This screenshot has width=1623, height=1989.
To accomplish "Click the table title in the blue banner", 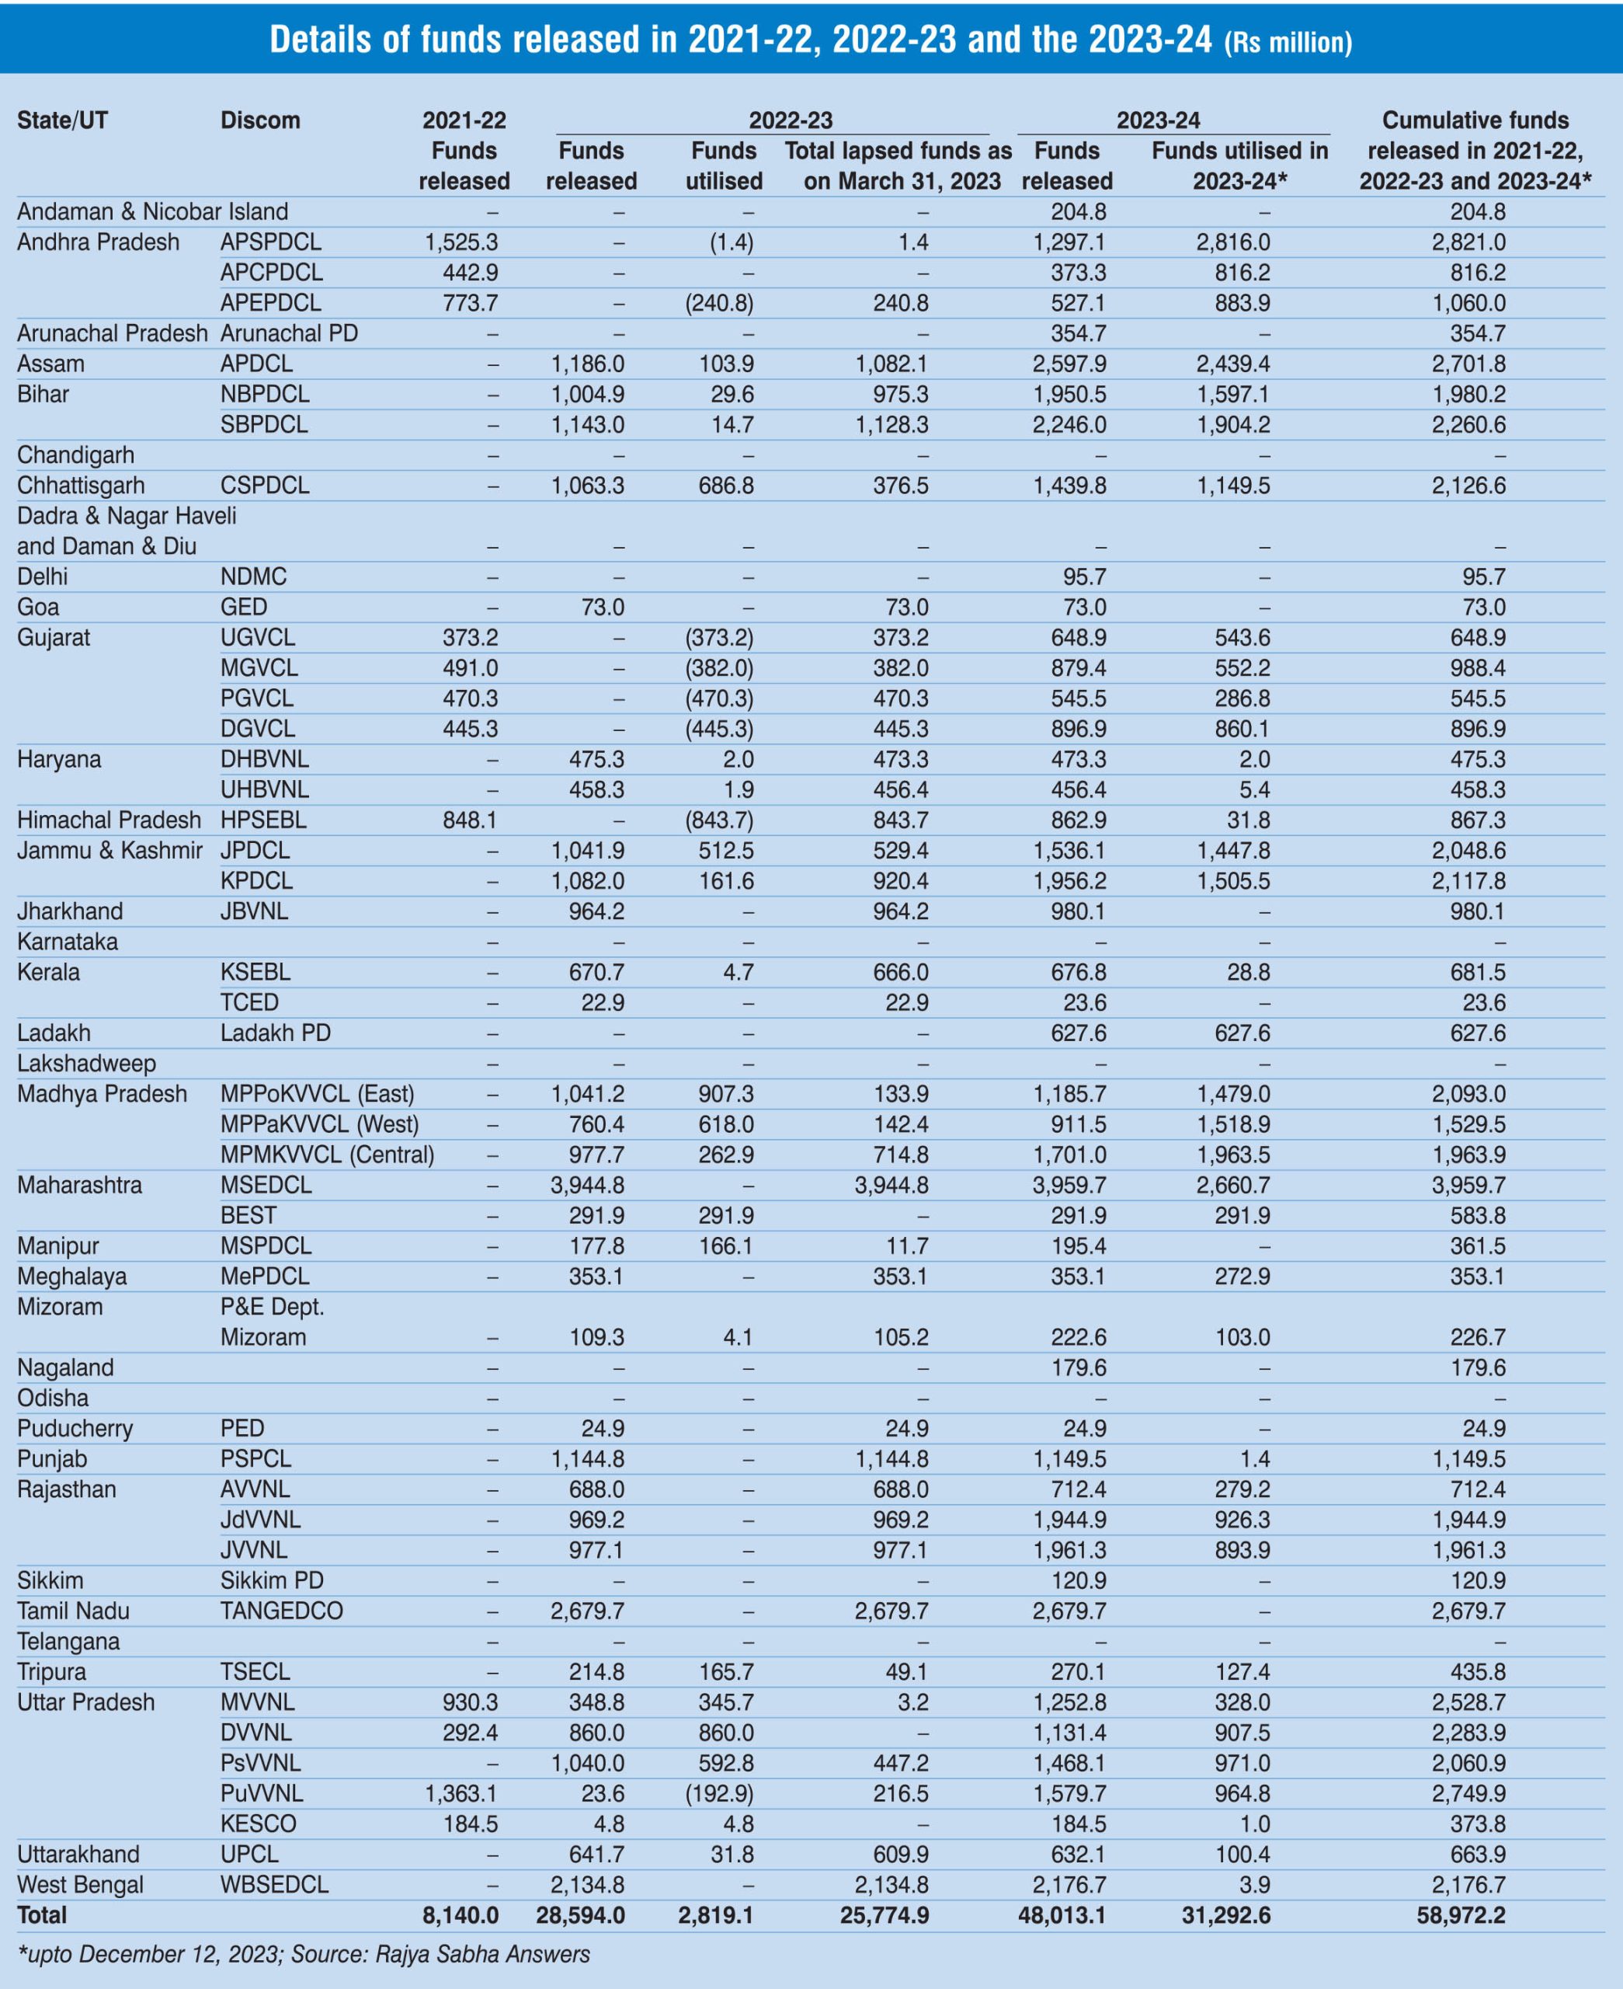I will (810, 40).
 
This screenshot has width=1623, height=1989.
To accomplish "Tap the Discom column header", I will (260, 120).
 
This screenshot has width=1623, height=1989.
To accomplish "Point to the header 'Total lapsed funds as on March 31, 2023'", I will (898, 165).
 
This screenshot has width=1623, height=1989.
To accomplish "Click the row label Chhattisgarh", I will (81, 486).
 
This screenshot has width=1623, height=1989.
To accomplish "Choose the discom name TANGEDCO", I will (281, 1611).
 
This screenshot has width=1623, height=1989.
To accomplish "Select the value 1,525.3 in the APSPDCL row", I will (461, 242).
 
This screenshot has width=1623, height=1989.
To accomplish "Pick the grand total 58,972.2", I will (1461, 1914).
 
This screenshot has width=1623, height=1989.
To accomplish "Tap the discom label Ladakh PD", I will (275, 1033).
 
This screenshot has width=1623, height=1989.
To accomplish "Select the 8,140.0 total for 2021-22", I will (460, 1914).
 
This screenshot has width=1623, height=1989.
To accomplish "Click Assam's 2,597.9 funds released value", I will (1069, 364).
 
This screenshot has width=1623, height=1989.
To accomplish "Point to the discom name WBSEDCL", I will (274, 1884).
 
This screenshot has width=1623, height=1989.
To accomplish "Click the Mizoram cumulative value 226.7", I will (1477, 1337).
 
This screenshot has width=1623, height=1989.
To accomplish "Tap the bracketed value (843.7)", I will (719, 820).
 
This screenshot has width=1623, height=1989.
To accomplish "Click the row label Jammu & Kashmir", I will (109, 850).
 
